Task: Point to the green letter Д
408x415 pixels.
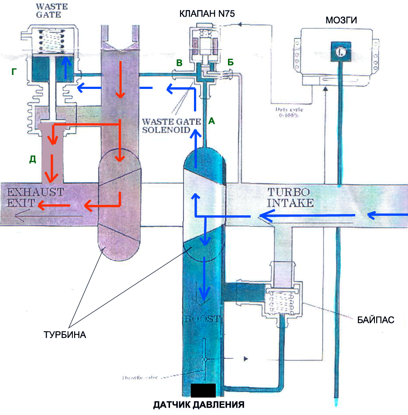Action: click(x=32, y=159)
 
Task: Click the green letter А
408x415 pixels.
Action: click(x=211, y=122)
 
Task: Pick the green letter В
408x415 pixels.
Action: click(x=179, y=64)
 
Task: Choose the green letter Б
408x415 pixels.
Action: click(x=231, y=63)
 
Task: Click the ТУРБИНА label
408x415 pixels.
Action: click(x=65, y=336)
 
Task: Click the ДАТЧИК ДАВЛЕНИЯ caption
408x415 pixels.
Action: click(x=203, y=404)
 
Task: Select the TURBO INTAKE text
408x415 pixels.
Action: click(x=290, y=197)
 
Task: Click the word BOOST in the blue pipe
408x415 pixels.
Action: click(x=204, y=319)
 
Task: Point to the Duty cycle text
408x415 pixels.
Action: click(x=289, y=113)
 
